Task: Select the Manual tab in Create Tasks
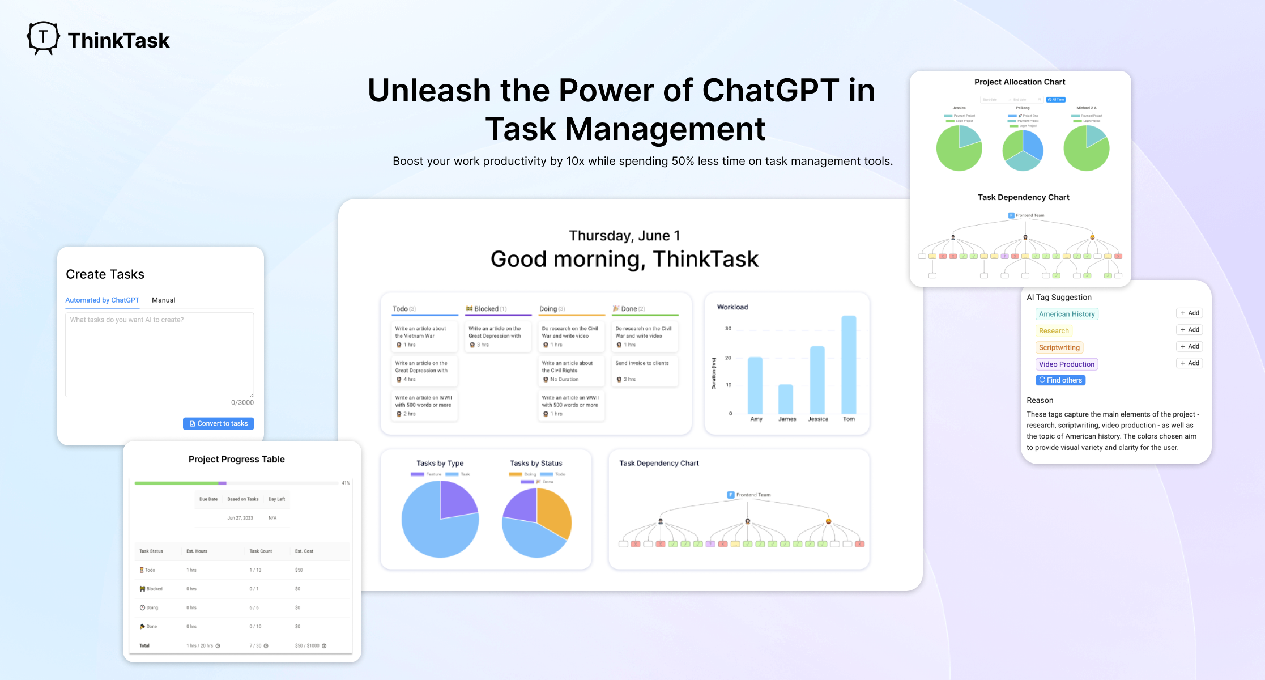(x=163, y=300)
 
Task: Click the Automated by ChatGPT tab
(x=102, y=300)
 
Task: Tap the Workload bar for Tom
(x=849, y=365)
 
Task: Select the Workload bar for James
(x=786, y=399)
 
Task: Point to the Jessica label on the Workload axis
(x=817, y=419)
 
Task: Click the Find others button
(x=1060, y=380)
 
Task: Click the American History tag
(x=1066, y=314)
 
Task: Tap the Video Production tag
(x=1066, y=364)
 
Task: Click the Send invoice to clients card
(x=644, y=371)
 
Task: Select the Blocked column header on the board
(x=487, y=309)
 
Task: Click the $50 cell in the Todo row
(x=299, y=570)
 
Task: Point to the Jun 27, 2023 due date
(x=240, y=518)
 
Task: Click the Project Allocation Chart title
(x=1019, y=82)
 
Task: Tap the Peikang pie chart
(x=1023, y=151)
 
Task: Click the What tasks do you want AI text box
(x=159, y=354)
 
